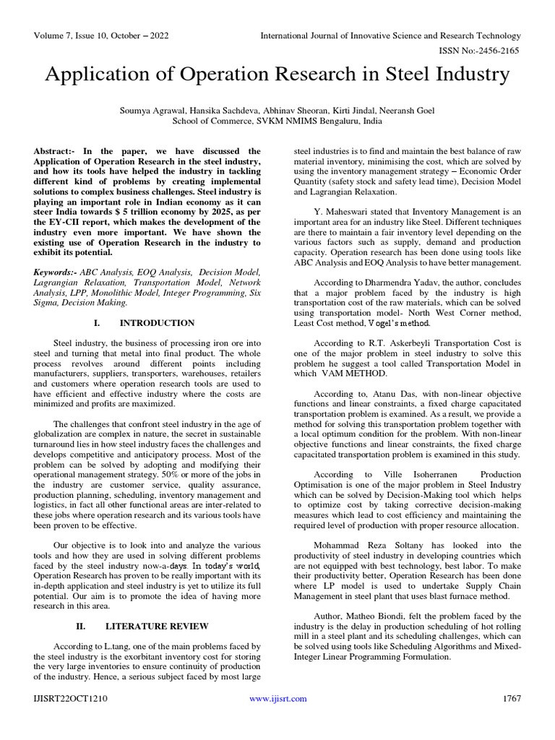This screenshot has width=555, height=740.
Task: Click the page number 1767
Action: tap(511, 699)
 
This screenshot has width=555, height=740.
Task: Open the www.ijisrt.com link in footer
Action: tap(277, 699)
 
